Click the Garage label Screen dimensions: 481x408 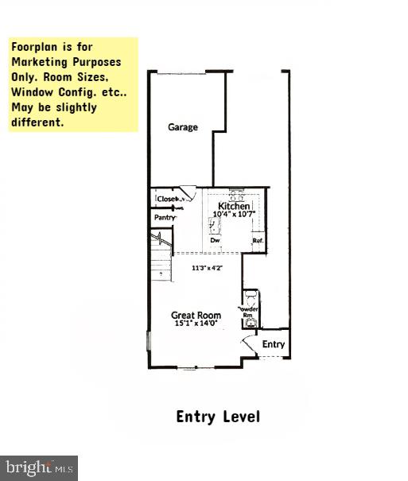[x=182, y=127]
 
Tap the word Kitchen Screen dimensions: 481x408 [x=234, y=207]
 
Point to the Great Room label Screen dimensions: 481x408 [x=196, y=315]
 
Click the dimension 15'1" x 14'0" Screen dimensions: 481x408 [x=196, y=324]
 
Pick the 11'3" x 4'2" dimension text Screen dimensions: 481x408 [x=207, y=268]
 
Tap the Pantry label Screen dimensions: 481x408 [x=165, y=217]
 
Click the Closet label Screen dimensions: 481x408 [x=167, y=199]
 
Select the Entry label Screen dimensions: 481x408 [x=273, y=344]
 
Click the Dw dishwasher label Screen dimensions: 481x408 [x=214, y=240]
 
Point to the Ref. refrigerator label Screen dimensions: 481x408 [x=258, y=240]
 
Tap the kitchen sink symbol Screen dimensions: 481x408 [x=212, y=227]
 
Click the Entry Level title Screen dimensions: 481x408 [x=217, y=417]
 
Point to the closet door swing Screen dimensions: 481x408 [x=188, y=194]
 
